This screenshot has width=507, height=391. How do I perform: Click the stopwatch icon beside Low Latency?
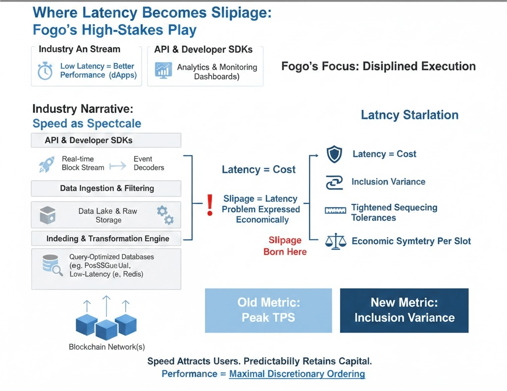coord(45,71)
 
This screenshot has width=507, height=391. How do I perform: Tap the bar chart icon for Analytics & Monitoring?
coord(163,70)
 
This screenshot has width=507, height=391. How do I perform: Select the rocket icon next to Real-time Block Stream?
coord(47,164)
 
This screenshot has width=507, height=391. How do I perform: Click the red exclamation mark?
coord(209,204)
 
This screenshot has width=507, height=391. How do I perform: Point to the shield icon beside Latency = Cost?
coord(335,154)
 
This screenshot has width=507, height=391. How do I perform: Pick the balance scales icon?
coord(335,242)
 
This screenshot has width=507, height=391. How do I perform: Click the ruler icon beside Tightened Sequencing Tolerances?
coord(335,210)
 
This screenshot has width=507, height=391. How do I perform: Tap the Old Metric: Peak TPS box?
coord(268,310)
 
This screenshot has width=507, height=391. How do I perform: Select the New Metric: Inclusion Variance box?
coord(404,310)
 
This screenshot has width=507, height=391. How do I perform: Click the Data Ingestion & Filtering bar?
coord(106,189)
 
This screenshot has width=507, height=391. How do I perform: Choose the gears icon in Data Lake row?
coord(165,215)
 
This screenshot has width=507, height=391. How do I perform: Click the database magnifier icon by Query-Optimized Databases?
coord(51,265)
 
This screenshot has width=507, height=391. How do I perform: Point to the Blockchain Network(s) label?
coord(106,347)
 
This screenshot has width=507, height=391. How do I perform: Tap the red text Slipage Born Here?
coord(285,246)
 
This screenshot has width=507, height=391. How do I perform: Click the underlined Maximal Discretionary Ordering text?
coord(297,374)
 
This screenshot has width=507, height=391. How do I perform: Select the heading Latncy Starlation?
coord(409,115)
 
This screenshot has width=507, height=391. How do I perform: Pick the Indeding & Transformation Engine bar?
coord(106,239)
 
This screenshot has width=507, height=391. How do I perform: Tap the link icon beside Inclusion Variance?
coord(335,183)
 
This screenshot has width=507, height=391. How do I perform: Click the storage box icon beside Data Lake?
coord(47,215)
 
